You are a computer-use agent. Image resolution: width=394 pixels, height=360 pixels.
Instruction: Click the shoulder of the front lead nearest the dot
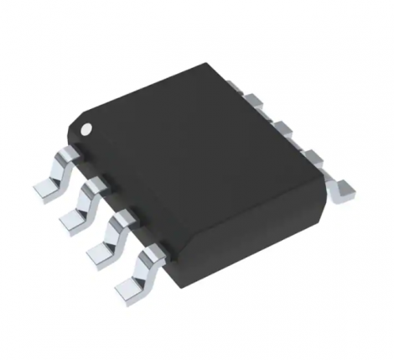pyautogui.click(x=65, y=156)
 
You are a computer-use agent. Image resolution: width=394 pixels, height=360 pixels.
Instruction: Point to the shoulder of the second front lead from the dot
pyautogui.click(x=94, y=185)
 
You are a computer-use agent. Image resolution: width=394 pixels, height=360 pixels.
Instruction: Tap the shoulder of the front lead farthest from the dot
pyautogui.click(x=154, y=253)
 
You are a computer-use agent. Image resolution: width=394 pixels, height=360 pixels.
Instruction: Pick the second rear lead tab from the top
pyautogui.click(x=259, y=104)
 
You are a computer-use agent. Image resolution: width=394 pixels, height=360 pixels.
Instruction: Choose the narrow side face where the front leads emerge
pyautogui.click(x=117, y=201)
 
